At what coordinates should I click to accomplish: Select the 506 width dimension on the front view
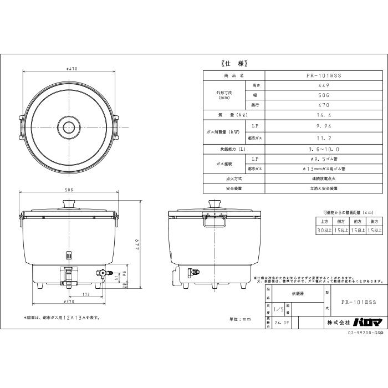point(69,190)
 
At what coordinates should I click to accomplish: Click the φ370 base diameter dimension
point(69,302)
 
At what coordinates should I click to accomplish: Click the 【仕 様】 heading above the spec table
point(230,63)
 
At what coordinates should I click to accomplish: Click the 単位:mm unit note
point(240,319)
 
